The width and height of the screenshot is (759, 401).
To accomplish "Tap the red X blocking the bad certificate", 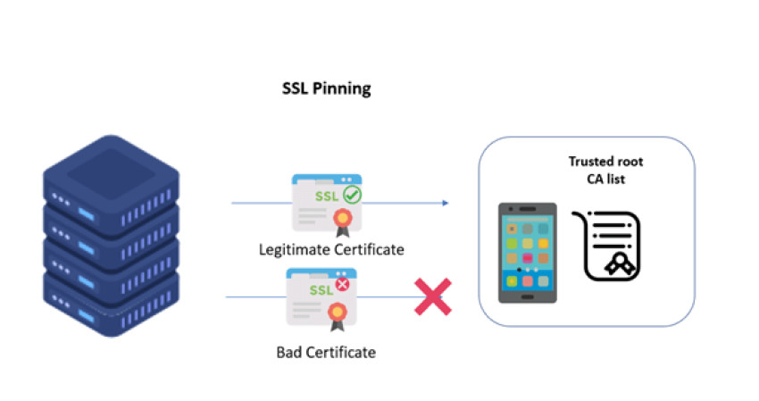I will [x=432, y=297].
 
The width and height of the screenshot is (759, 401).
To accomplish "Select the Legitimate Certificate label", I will [x=331, y=249].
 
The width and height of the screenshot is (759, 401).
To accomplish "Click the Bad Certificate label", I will [x=326, y=352].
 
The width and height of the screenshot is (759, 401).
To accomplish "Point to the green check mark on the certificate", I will [x=352, y=193].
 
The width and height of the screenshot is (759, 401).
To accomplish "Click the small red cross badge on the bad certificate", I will [x=341, y=286].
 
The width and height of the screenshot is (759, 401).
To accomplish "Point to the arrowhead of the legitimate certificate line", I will [x=445, y=203].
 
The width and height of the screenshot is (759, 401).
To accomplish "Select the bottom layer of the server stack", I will [x=112, y=299].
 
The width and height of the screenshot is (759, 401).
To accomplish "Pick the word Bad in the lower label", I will [x=290, y=352].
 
